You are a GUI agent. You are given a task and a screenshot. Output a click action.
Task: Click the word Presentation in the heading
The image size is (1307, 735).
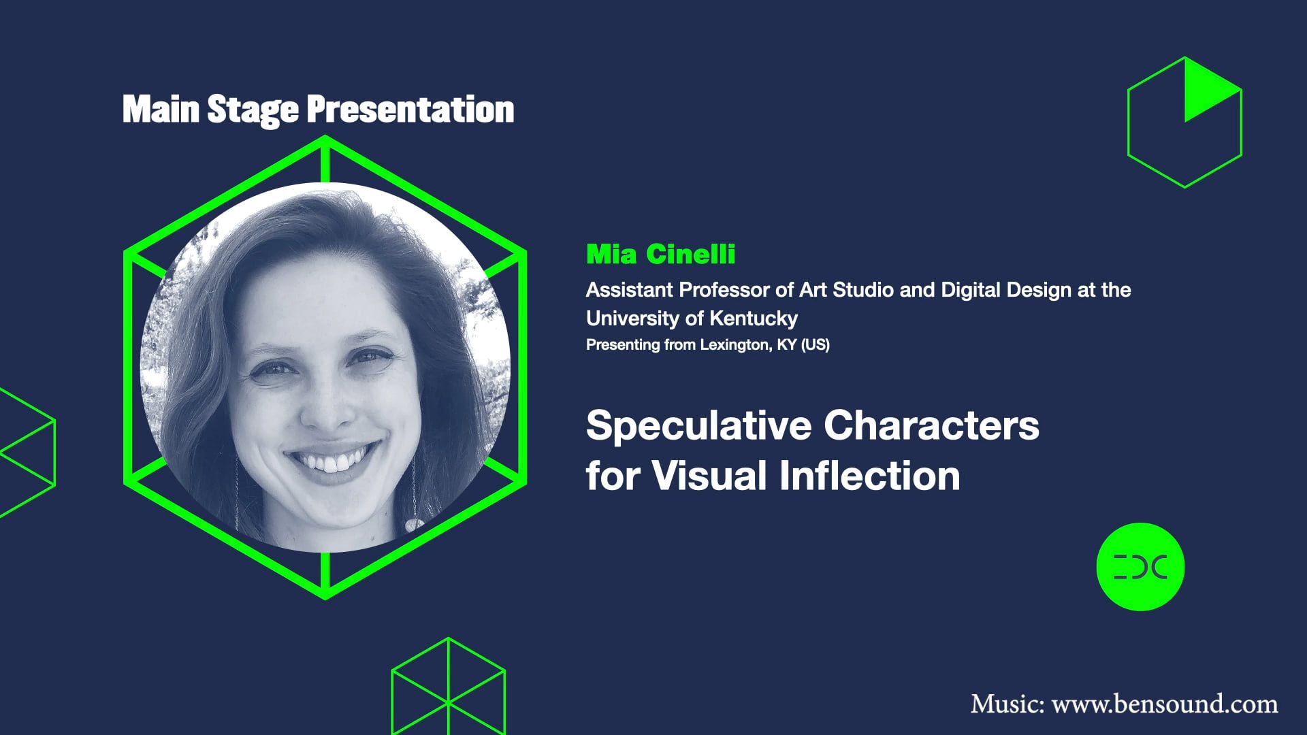click(x=410, y=110)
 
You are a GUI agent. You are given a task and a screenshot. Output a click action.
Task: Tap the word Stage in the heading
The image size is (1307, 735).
click(x=253, y=110)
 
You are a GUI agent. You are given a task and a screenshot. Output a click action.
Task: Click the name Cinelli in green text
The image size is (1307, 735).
click(x=690, y=255)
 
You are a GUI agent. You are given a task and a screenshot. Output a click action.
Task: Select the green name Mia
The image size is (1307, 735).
click(x=611, y=255)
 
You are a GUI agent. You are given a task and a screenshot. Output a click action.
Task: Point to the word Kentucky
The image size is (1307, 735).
click(x=753, y=318)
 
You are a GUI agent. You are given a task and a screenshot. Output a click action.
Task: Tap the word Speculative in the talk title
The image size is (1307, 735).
click(x=698, y=426)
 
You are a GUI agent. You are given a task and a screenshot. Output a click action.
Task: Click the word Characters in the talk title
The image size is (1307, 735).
click(x=931, y=426)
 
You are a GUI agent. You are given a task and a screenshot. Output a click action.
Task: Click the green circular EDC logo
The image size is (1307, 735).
click(x=1140, y=567)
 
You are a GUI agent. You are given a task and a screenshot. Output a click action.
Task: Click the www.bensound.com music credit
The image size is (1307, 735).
click(x=1164, y=704)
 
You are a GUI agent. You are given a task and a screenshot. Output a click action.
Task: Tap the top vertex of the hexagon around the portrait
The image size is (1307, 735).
click(x=325, y=138)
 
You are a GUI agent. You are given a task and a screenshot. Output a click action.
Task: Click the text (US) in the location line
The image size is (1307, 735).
click(x=815, y=345)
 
